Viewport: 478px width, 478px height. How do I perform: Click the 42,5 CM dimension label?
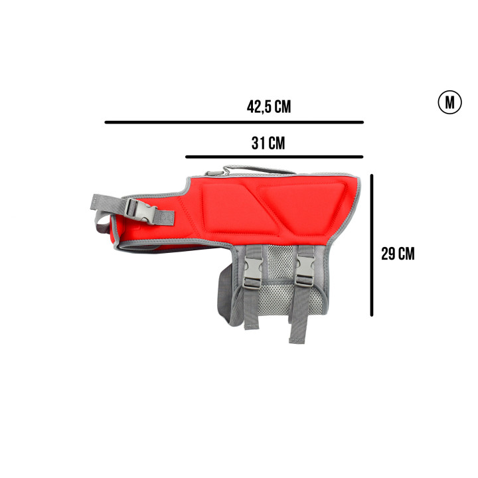pyautogui.click(x=269, y=107)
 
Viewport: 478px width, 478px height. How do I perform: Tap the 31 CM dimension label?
pyautogui.click(x=268, y=143)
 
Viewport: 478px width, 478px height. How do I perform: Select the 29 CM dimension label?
pyautogui.click(x=398, y=254)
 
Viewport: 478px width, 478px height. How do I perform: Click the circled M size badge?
pyautogui.click(x=449, y=102)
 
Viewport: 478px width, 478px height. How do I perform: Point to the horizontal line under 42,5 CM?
pyautogui.click(x=234, y=122)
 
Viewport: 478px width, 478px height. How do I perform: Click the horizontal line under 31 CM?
pyautogui.click(x=274, y=157)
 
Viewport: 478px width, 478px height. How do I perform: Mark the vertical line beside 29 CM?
pyautogui.click(x=372, y=245)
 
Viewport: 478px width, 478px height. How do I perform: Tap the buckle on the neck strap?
pyautogui.click(x=141, y=210)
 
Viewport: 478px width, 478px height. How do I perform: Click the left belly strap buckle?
pyautogui.click(x=252, y=272)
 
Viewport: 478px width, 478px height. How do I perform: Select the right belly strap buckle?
pyautogui.click(x=305, y=271)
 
